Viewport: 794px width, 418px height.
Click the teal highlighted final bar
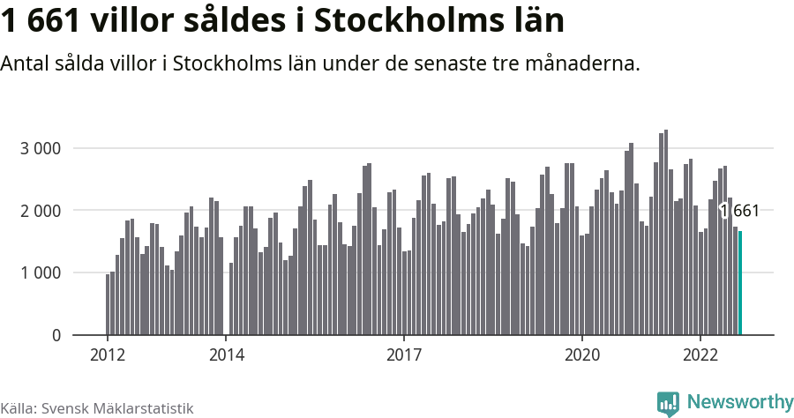click(x=740, y=283)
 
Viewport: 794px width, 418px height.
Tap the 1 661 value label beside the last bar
click(x=739, y=211)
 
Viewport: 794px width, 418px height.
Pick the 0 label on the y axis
click(x=56, y=336)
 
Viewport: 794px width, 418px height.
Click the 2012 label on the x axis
click(x=108, y=355)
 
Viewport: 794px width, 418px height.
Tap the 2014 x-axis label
click(x=226, y=355)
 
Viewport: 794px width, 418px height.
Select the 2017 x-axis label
click(x=403, y=355)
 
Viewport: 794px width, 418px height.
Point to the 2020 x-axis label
click(x=581, y=355)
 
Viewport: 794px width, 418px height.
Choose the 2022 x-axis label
click(x=700, y=355)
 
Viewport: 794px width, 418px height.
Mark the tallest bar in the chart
click(x=665, y=233)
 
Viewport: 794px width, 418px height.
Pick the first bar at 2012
click(x=108, y=304)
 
